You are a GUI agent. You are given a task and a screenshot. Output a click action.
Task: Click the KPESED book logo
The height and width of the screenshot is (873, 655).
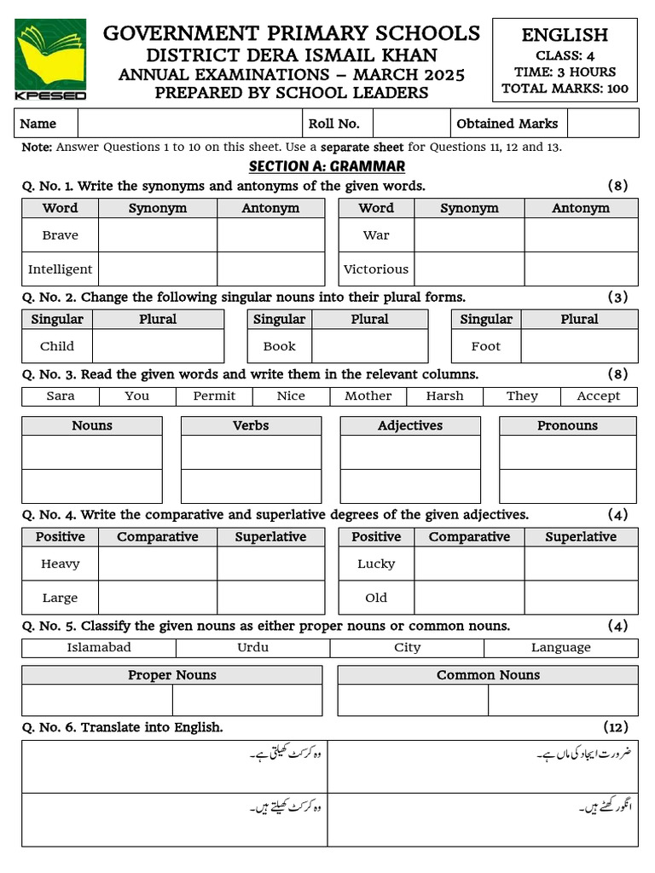tap(50, 58)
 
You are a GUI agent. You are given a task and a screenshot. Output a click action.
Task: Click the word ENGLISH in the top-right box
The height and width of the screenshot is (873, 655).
tap(565, 35)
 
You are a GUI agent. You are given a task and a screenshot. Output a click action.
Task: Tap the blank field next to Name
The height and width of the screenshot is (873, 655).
tap(189, 124)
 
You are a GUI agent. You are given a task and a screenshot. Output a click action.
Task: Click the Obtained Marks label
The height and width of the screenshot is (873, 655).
tap(507, 124)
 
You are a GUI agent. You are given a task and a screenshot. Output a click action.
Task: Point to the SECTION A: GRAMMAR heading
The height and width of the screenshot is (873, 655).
tap(327, 166)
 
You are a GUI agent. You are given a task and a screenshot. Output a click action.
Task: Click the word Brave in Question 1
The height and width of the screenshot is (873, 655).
tap(60, 235)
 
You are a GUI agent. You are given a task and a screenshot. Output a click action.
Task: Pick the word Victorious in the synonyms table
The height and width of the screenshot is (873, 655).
tap(376, 269)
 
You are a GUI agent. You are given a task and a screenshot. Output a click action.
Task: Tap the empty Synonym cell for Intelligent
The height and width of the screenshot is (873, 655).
tap(158, 269)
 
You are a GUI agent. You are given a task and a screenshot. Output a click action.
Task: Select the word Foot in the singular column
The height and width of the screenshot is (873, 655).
tap(485, 347)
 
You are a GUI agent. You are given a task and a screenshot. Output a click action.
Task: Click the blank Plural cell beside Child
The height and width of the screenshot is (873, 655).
tap(158, 347)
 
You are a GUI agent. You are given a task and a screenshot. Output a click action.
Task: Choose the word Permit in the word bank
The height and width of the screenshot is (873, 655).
tap(214, 396)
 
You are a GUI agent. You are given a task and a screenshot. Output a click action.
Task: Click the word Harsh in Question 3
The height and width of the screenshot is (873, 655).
tap(444, 396)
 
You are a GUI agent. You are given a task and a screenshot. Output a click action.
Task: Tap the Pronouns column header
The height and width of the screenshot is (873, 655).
tap(567, 425)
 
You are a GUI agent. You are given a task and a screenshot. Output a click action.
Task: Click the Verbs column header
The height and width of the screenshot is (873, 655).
tap(251, 425)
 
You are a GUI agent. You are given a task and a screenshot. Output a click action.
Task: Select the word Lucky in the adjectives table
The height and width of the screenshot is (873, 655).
tap(376, 564)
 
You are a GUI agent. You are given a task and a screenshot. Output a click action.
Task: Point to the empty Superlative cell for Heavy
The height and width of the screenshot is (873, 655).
tap(270, 564)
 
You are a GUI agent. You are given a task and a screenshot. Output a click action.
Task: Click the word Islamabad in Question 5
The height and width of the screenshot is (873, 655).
tap(99, 648)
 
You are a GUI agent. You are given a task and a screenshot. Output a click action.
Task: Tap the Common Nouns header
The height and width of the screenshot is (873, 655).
tap(488, 675)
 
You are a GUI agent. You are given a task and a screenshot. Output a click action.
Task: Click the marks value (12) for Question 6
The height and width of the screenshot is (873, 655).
tap(616, 727)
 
